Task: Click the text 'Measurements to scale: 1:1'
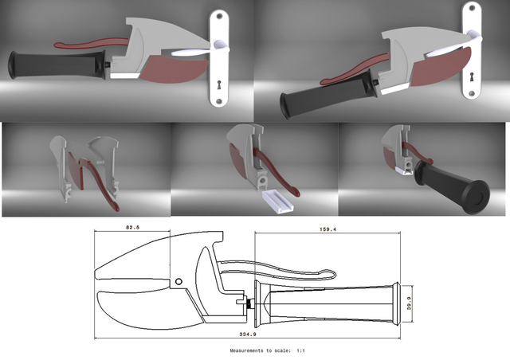point(267,350)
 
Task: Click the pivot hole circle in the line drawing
point(180,280)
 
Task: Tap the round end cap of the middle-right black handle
point(472,197)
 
